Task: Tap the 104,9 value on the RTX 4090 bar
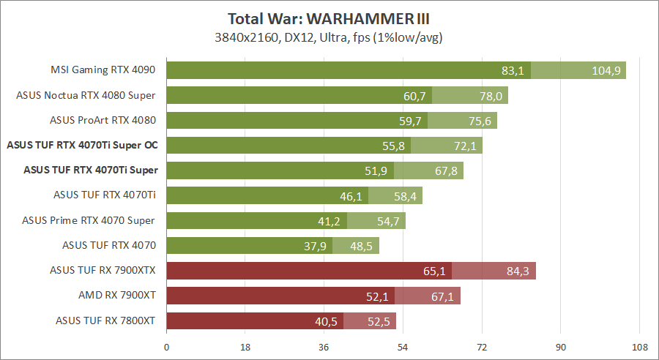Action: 606,71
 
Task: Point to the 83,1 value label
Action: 513,71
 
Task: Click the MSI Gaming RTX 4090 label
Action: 103,70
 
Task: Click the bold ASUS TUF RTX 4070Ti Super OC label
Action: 82,146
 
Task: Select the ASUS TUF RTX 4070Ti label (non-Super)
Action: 105,195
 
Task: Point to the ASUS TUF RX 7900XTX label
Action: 103,270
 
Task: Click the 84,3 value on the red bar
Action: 518,271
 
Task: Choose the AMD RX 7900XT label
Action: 117,296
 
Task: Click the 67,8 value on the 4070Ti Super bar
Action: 446,171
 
